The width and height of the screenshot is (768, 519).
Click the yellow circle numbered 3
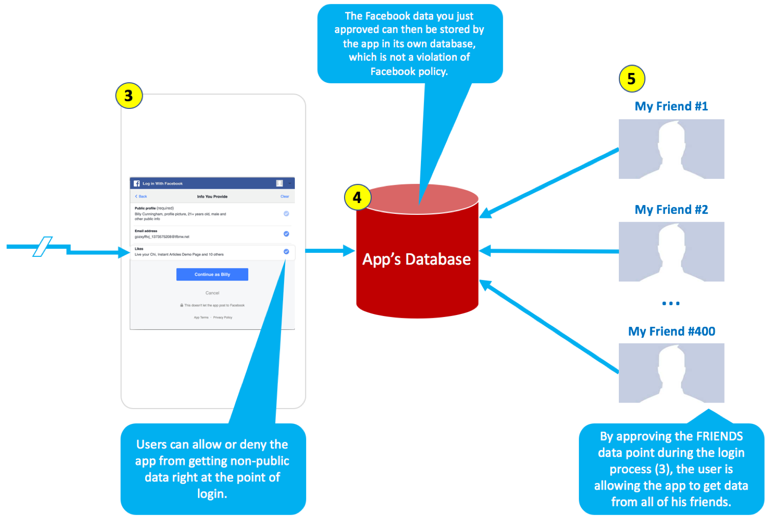128,96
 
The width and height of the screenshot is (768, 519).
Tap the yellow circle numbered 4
357,198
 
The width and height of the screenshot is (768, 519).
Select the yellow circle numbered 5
631,79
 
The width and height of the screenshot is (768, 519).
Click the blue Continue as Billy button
212,275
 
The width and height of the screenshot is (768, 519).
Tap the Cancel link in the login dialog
212,293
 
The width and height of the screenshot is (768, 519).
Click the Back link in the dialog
141,196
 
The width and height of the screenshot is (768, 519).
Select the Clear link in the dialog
285,196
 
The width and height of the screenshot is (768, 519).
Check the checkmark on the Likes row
286,252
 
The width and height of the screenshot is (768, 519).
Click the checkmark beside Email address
286,234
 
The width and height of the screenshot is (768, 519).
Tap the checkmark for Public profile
286,213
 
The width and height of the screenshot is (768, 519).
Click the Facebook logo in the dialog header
137,183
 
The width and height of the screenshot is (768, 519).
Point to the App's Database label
416,259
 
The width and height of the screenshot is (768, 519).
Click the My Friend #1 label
671,106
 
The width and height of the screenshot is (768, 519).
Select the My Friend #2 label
671,210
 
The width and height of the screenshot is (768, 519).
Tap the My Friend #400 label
671,331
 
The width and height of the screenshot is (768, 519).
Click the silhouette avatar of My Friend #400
671,373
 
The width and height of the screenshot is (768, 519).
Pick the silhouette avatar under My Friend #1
671,149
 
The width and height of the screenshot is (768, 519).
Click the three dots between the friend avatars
671,303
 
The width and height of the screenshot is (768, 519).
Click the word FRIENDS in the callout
719,437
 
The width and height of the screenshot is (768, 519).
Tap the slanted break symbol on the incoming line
43,246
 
